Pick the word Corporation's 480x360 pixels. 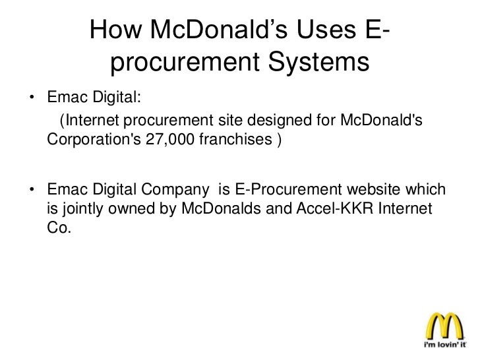pyautogui.click(x=90, y=140)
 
